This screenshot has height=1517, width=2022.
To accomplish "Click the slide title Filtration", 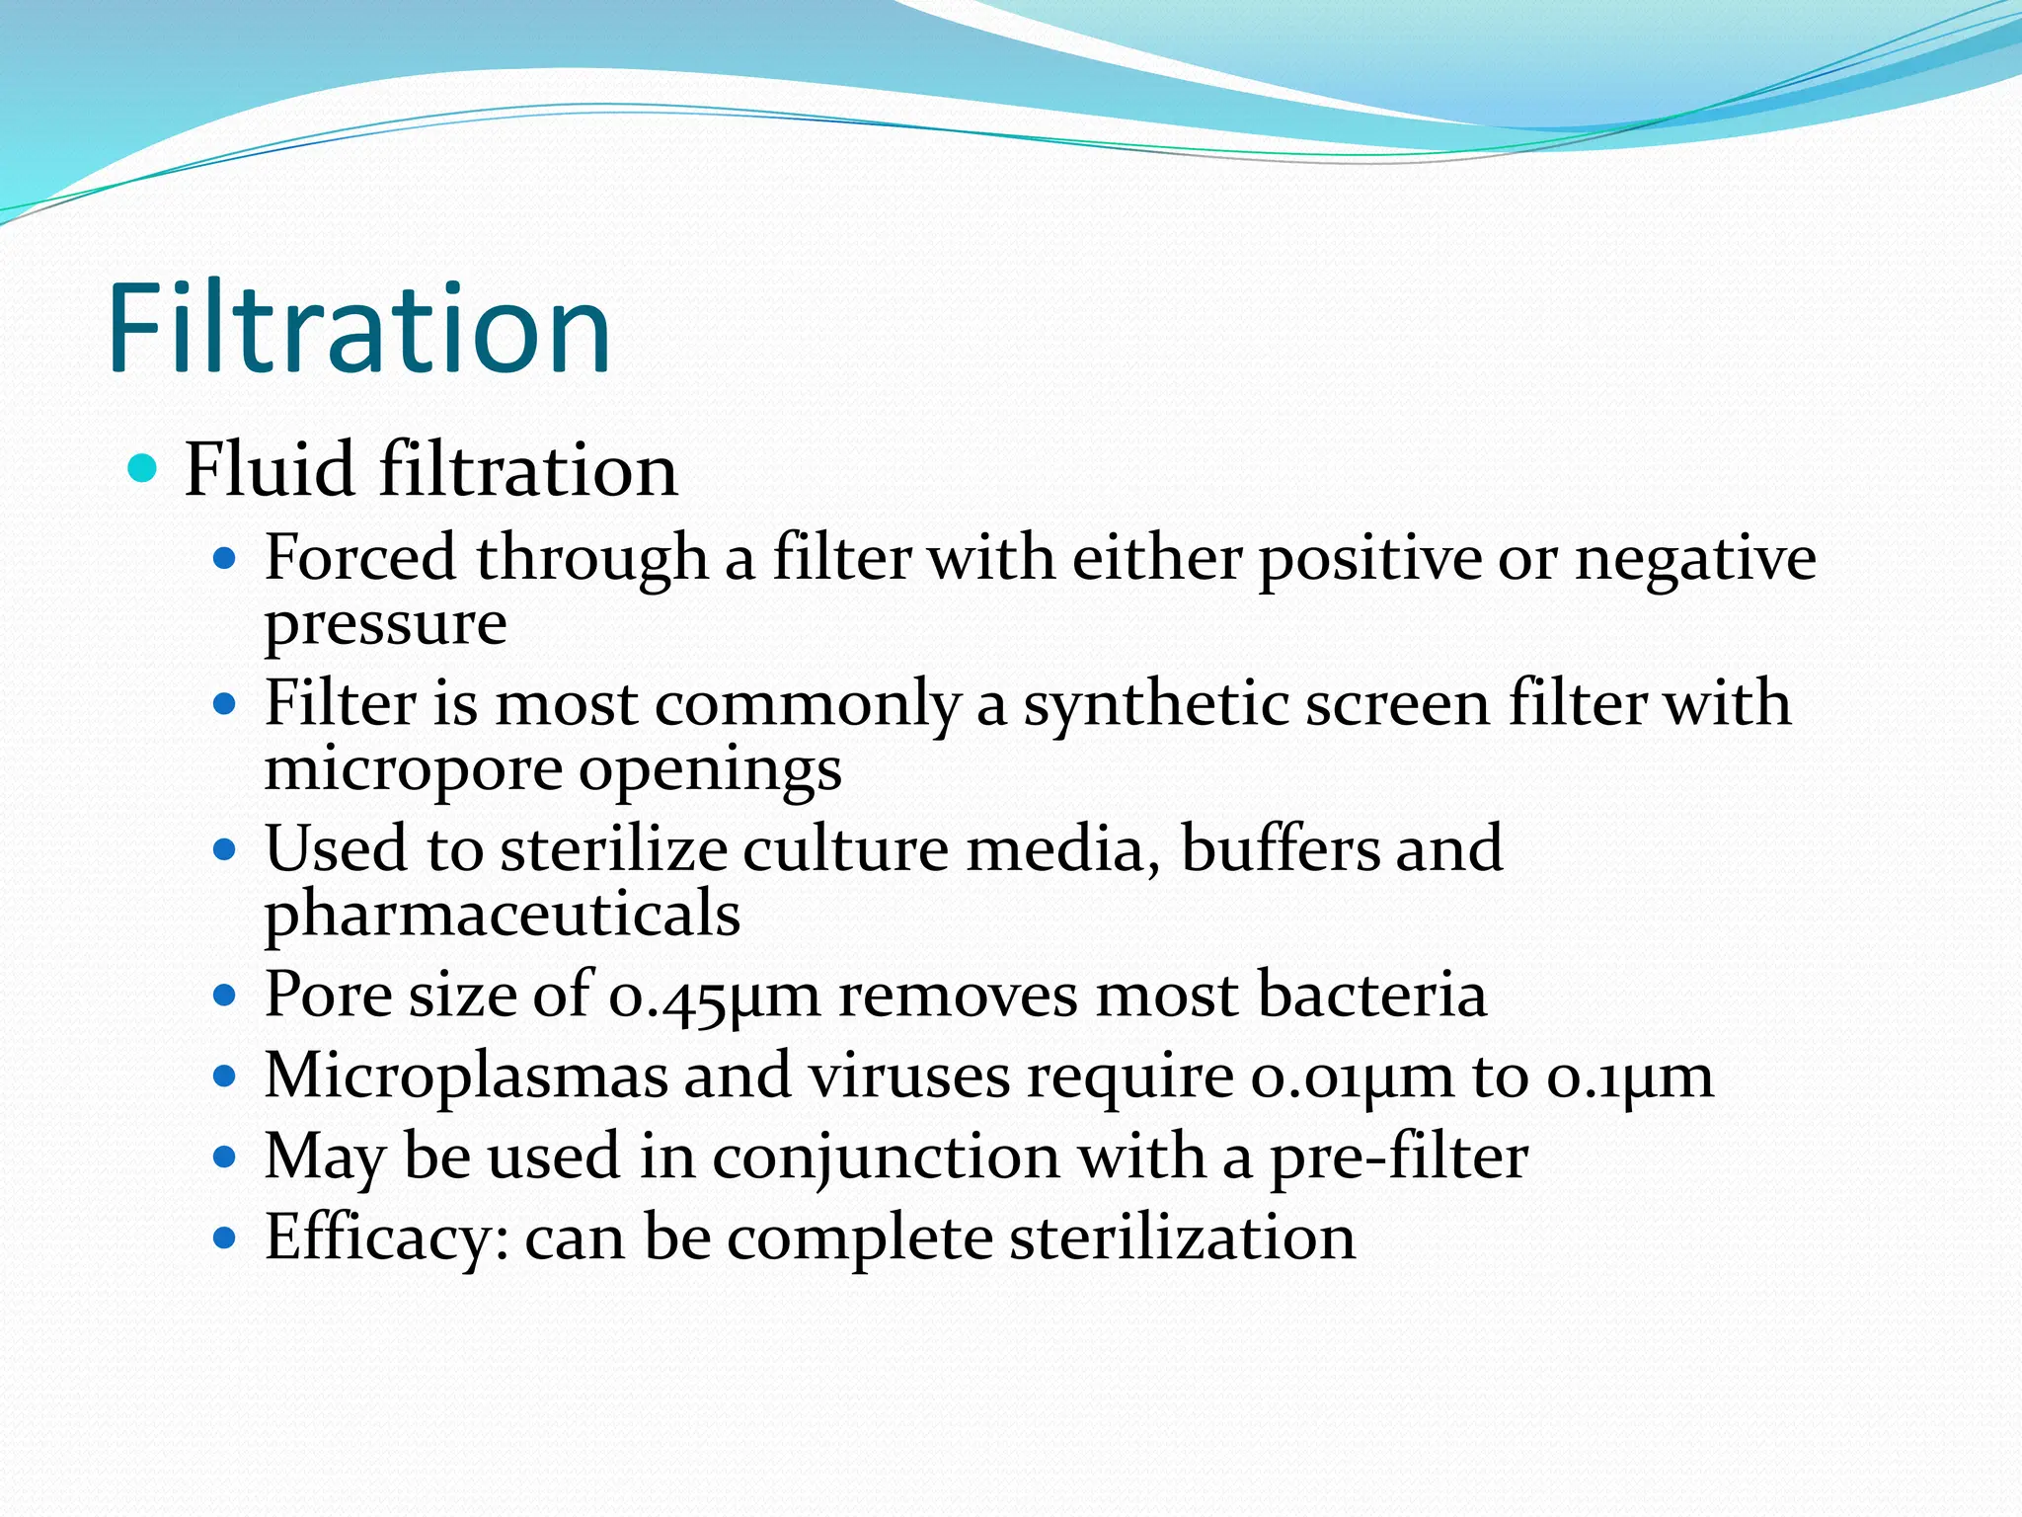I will point(359,328).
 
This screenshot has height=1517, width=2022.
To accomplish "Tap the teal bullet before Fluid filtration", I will point(143,468).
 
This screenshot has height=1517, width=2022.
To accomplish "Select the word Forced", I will point(360,558).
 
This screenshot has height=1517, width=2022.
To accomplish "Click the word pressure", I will point(385,625).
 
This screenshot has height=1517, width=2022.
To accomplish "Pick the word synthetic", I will point(1155,705).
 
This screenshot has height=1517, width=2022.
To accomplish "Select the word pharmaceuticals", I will point(502,914).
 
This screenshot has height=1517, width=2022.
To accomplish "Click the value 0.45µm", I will point(714,996).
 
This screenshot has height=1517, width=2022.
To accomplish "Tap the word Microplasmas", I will point(465,1076).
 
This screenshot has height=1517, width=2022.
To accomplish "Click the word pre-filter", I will point(1398,1157).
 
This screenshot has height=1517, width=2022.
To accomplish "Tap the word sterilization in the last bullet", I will point(1182,1238).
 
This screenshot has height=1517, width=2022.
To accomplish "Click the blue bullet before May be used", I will point(225,1157).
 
